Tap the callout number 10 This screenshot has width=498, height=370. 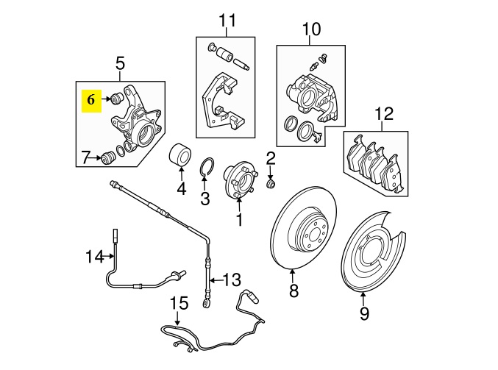(312, 29)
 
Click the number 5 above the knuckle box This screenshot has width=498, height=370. (120, 65)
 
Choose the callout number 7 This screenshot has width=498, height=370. (86, 157)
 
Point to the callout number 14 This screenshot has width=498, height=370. (94, 257)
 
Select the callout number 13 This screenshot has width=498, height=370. (232, 280)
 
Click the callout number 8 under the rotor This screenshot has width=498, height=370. (294, 291)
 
